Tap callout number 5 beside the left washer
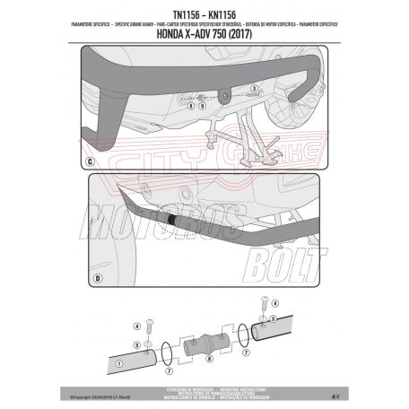click(x=136, y=344)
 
